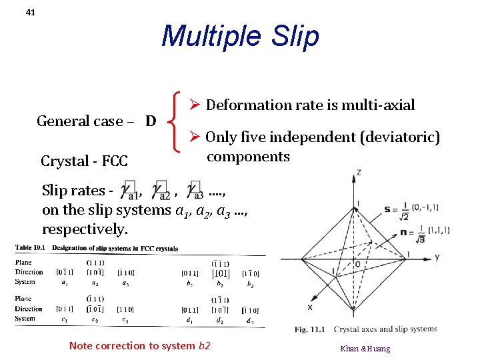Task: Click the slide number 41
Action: point(31,12)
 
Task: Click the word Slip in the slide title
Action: point(291,36)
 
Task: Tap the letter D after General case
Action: point(151,121)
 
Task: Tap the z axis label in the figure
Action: point(358,172)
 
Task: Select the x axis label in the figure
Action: point(309,308)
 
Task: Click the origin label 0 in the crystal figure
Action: point(358,265)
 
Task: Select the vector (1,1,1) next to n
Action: point(438,231)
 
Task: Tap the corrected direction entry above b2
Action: point(221,273)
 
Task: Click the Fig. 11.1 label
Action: point(310,329)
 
